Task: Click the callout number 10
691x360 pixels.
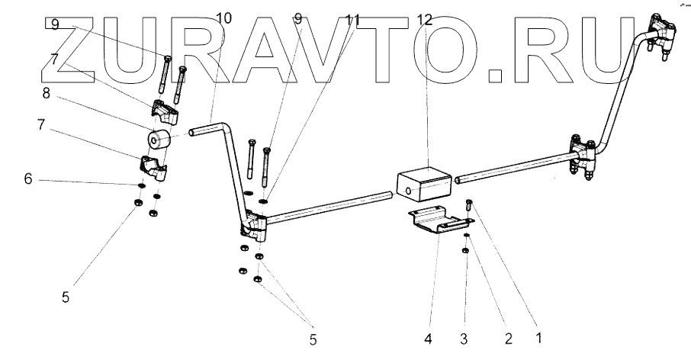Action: [224, 18]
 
